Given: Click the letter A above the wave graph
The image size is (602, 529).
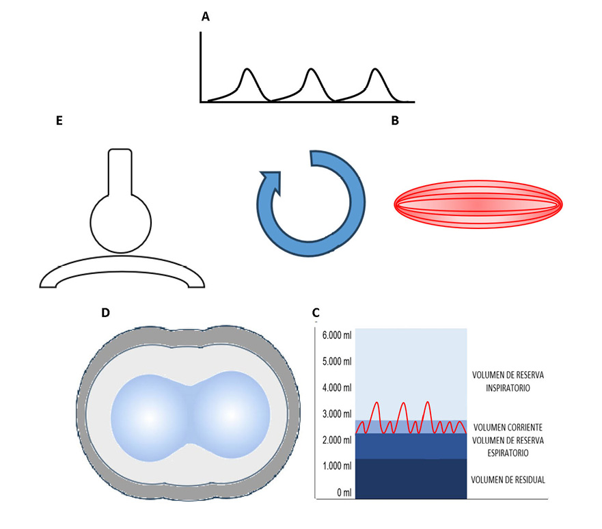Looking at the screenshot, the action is [x=206, y=16].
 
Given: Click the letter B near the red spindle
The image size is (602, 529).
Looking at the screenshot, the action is [x=395, y=120].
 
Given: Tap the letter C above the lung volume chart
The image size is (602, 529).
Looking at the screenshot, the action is [x=316, y=312].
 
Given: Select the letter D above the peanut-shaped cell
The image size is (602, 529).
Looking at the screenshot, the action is [x=105, y=312].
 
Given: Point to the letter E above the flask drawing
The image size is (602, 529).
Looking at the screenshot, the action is [x=59, y=120].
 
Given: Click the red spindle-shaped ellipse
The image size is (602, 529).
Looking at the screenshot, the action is [x=478, y=204].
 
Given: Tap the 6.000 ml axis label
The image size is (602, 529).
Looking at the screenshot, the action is [x=337, y=335].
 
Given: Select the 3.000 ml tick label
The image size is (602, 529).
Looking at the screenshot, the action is [x=337, y=413].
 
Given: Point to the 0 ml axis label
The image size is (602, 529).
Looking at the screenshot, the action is [x=344, y=493].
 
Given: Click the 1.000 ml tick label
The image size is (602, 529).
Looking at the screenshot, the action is [x=337, y=466].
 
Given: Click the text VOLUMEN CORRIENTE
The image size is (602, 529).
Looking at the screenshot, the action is [x=508, y=427].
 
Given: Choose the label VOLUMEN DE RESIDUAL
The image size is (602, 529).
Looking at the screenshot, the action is [x=508, y=480].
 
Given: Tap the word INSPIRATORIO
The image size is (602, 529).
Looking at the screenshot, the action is [x=508, y=388].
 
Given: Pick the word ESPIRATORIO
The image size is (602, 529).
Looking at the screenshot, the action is [x=508, y=453].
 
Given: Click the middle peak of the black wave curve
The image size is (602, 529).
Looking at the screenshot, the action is [x=312, y=70].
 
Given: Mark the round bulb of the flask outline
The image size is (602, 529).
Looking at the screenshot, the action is [x=120, y=223].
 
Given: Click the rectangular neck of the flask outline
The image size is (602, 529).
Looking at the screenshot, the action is [x=120, y=172].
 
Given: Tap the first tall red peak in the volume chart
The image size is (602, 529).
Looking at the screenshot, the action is [x=377, y=403].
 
